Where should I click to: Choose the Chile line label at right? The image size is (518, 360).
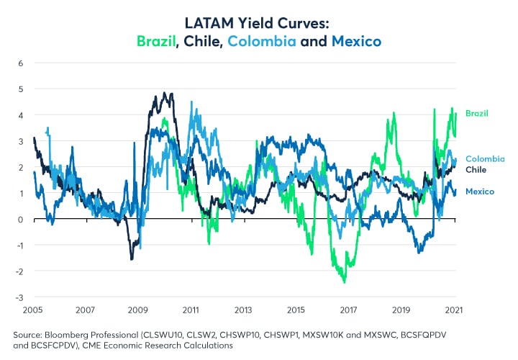(476, 170)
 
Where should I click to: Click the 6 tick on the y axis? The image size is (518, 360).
(22, 63)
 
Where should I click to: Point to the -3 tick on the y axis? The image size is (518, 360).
(19, 297)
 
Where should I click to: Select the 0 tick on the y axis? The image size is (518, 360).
(22, 220)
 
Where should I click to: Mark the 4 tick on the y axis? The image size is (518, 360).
(22, 115)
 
